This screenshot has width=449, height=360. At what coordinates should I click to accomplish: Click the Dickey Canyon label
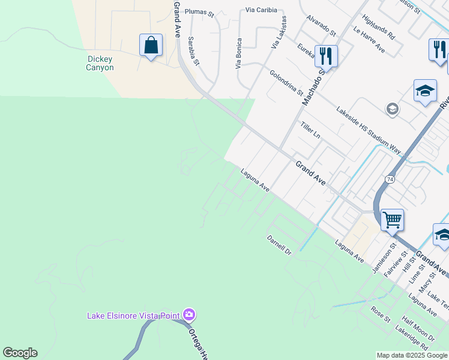coord(100,63)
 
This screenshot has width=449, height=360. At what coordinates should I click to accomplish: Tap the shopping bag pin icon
coord(151,46)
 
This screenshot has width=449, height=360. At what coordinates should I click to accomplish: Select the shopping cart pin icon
coord(391,220)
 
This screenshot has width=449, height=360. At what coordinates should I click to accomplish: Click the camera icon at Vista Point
coord(189,314)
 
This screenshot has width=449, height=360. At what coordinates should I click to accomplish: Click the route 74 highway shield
coord(390,179)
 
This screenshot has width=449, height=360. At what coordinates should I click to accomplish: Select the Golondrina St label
coord(286,83)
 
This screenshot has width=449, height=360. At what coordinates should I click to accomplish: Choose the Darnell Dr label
coord(279,244)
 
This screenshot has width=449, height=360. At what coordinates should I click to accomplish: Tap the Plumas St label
coord(199,11)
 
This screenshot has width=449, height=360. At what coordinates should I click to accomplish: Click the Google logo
coord(20,353)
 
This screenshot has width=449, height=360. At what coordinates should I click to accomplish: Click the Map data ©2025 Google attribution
coord(412,355)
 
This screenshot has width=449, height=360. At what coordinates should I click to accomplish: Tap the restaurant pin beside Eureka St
coord(326,56)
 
